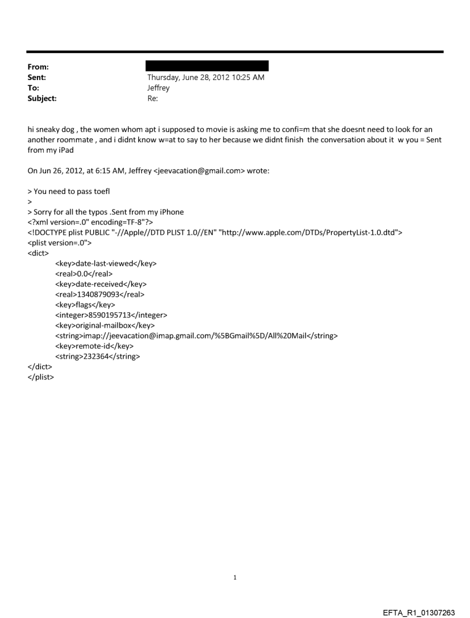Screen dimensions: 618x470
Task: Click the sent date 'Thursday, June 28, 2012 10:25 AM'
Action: point(206,78)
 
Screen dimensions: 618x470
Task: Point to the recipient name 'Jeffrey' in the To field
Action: point(158,88)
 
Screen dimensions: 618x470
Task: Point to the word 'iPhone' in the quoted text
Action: point(171,212)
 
